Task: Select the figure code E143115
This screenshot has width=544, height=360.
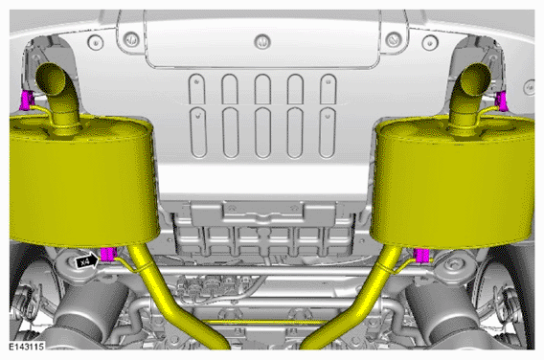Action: (x=27, y=347)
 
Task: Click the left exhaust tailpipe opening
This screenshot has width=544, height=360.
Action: (x=51, y=79)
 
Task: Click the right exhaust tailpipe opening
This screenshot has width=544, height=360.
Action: (x=475, y=79)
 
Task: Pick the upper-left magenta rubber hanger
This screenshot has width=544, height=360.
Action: (x=27, y=100)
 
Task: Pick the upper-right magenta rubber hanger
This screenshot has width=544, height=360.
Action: (x=502, y=101)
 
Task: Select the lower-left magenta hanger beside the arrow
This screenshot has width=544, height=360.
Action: (x=108, y=255)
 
